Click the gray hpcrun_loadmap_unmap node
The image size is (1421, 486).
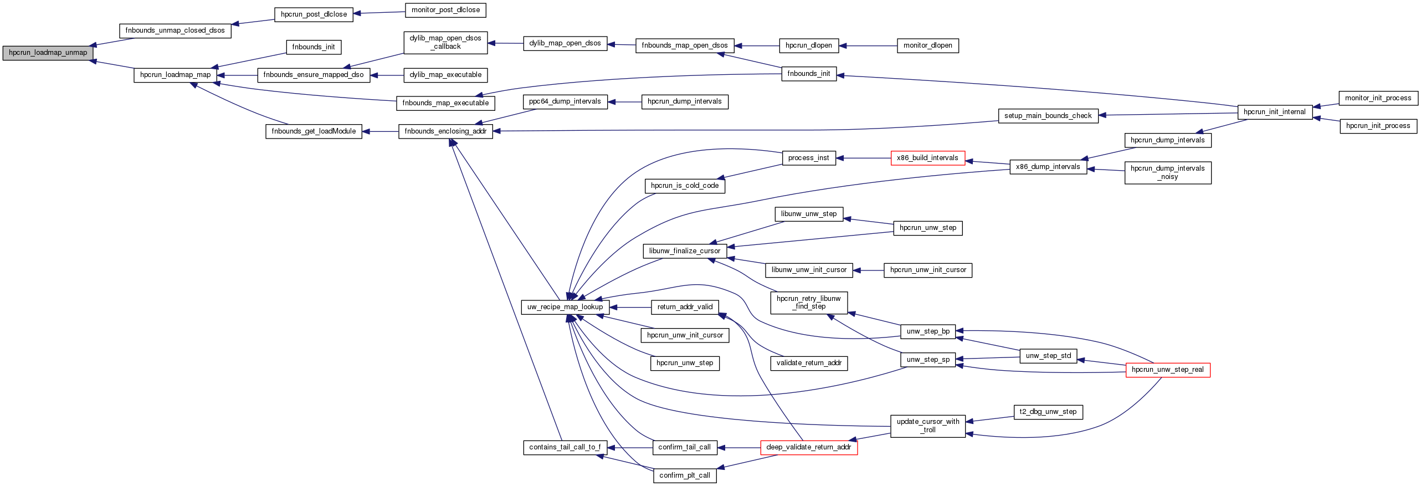(x=48, y=53)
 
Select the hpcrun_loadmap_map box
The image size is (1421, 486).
(x=175, y=75)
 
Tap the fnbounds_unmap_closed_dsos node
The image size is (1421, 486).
(x=175, y=30)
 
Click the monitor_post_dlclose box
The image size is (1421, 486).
(x=445, y=10)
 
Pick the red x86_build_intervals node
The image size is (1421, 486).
(x=927, y=158)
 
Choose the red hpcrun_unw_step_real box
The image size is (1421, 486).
(x=1167, y=370)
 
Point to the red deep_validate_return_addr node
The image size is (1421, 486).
(x=808, y=447)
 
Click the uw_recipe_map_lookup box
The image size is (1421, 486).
(x=565, y=307)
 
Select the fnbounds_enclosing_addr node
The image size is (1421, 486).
(x=445, y=131)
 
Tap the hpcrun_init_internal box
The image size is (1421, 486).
(x=1274, y=112)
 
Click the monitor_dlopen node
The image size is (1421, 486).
(x=927, y=46)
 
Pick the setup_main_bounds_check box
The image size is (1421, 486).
(x=1048, y=116)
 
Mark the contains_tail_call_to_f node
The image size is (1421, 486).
(x=565, y=447)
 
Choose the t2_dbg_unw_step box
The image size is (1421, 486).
(x=1048, y=412)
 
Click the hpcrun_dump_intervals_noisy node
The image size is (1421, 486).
(x=1167, y=172)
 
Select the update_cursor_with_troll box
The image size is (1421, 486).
(x=927, y=426)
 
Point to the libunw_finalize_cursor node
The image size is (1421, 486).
(x=684, y=251)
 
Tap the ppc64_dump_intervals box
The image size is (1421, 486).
(x=565, y=101)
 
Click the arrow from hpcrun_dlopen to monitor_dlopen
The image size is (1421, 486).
(x=868, y=46)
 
